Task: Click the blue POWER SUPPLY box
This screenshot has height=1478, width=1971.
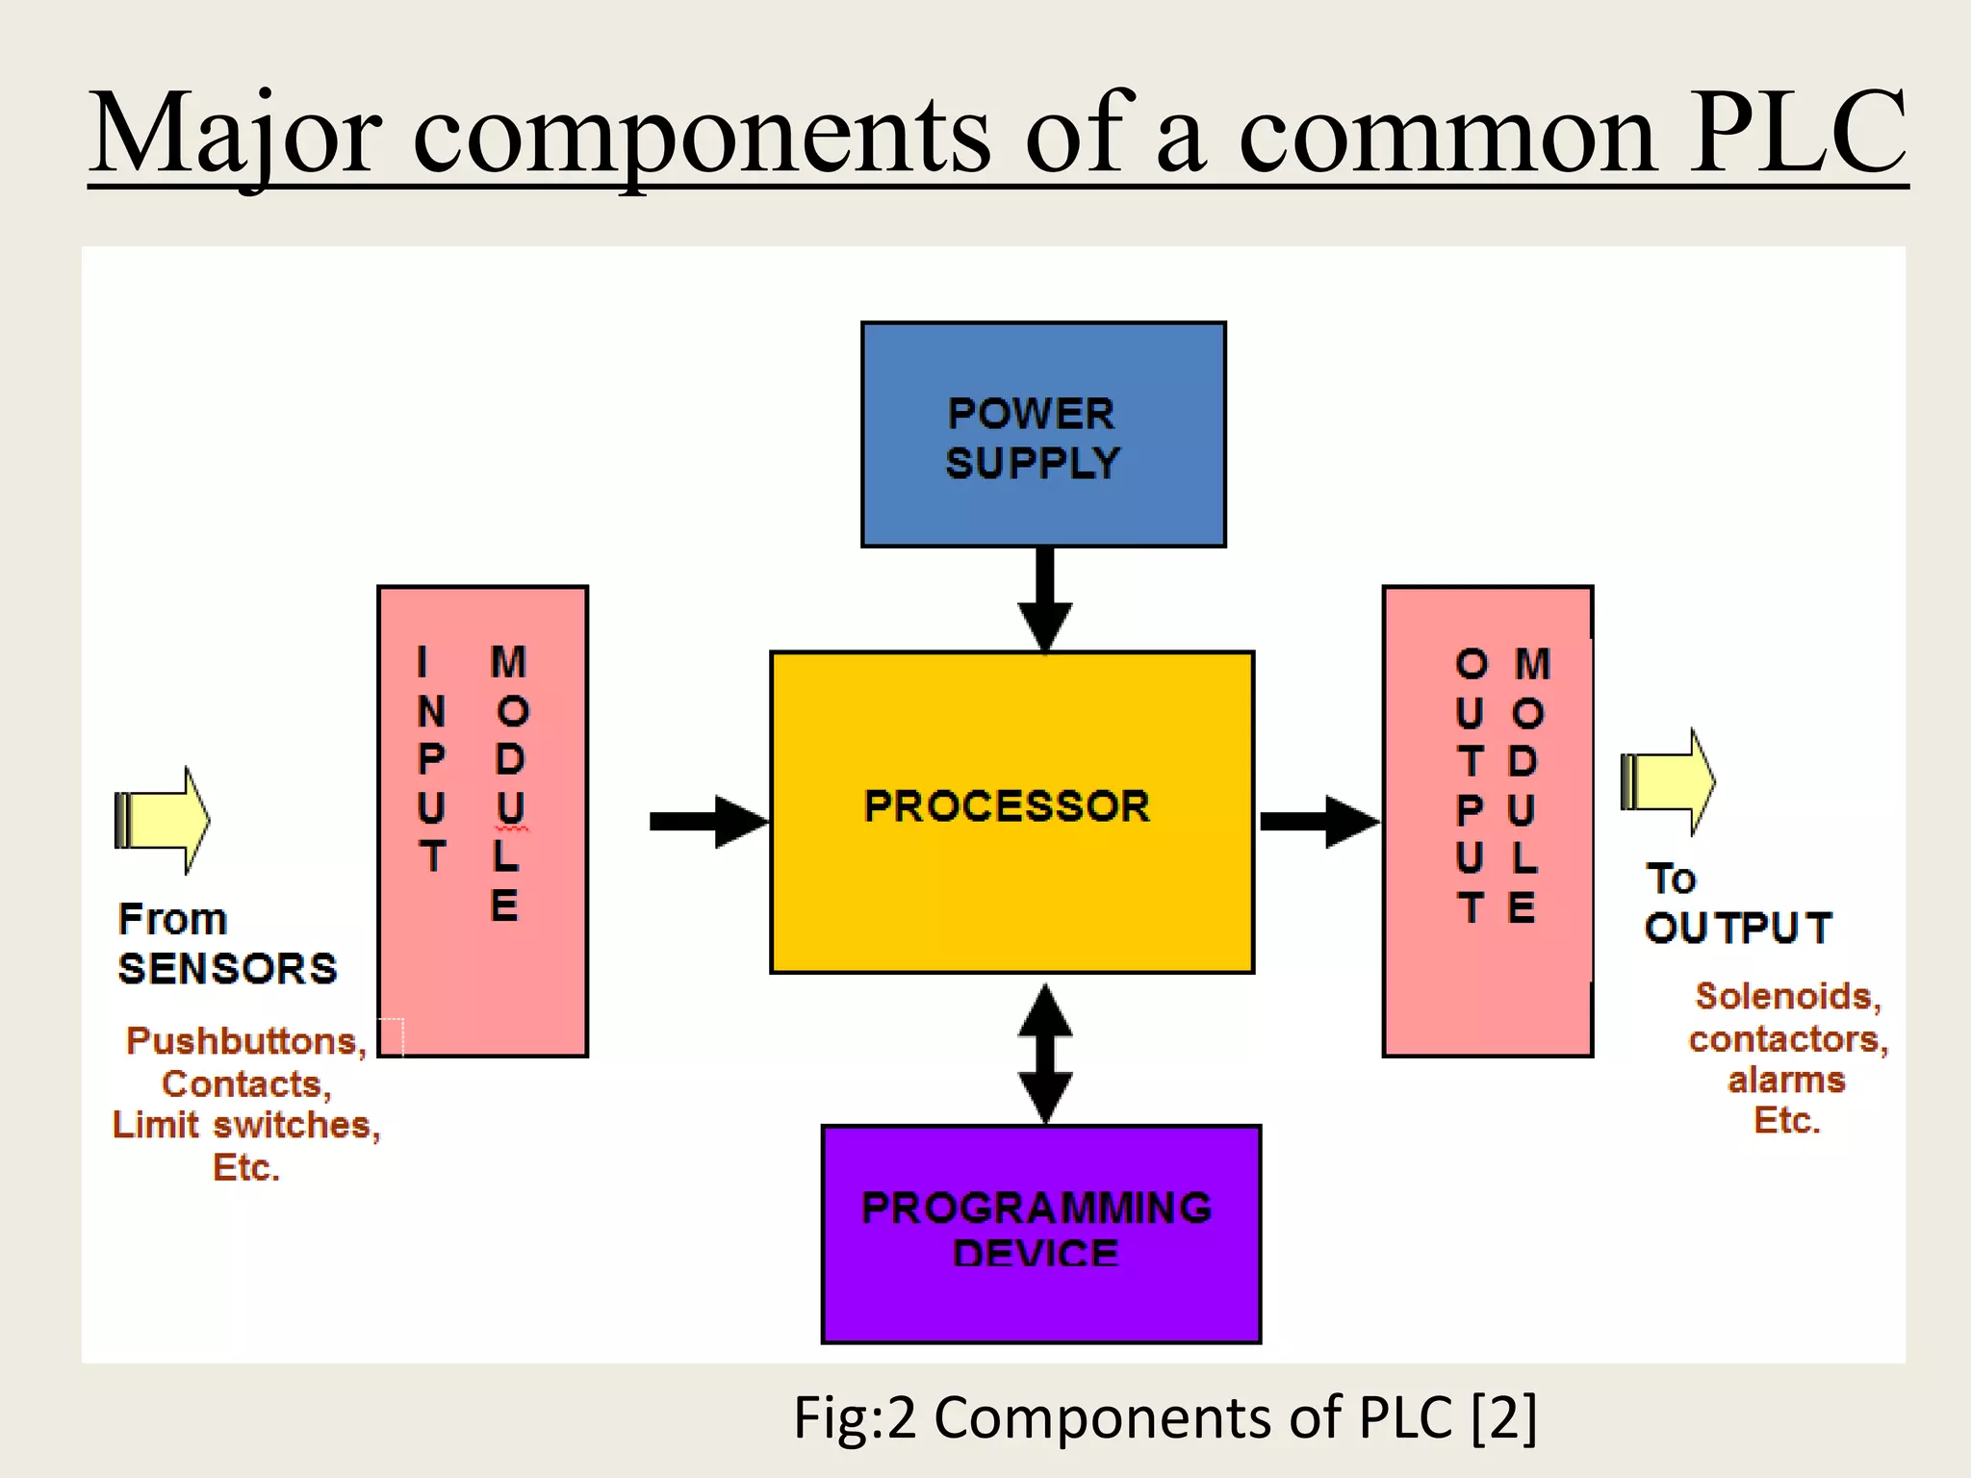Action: tap(1043, 435)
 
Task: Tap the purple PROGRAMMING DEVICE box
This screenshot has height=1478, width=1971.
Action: tap(1040, 1234)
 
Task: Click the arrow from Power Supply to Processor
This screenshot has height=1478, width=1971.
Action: tap(1045, 599)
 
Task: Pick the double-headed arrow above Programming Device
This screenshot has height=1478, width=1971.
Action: tap(1045, 1053)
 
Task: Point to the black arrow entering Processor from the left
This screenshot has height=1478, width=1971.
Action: tap(709, 821)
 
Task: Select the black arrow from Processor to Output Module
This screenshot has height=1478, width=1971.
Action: tap(1318, 821)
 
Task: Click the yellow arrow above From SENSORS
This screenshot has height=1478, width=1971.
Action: tap(163, 820)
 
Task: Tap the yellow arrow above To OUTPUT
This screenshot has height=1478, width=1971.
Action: tap(1669, 781)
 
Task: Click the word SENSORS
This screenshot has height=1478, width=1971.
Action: tap(227, 968)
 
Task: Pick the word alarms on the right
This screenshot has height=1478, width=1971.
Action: tap(1786, 1080)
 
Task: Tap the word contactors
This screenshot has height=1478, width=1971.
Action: tap(1787, 1038)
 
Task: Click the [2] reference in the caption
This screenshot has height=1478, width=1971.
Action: tap(1504, 1417)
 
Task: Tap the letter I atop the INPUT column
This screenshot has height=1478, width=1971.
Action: tap(422, 662)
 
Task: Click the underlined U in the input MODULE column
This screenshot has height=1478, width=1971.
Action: tap(510, 808)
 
